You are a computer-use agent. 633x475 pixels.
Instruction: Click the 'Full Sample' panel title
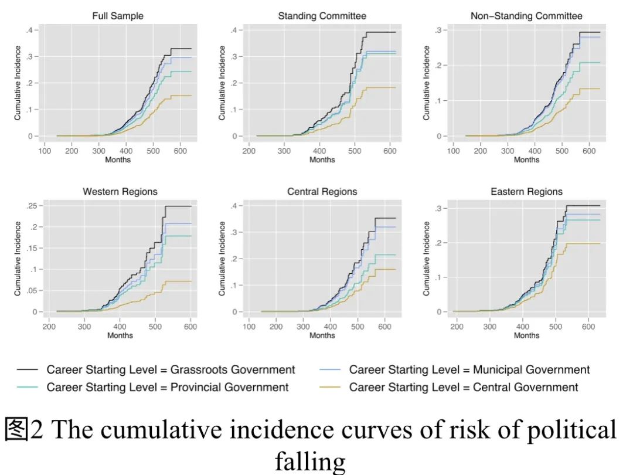[117, 16]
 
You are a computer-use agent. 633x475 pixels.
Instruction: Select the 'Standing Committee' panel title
[322, 16]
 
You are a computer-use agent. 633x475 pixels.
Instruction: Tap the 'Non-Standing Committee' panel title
[526, 16]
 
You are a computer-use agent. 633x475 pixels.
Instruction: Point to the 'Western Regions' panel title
[120, 192]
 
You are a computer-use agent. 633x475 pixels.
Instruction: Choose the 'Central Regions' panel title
[322, 192]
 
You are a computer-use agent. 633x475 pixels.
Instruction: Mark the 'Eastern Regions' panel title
[526, 192]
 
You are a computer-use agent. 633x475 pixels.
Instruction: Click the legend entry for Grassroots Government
[171, 369]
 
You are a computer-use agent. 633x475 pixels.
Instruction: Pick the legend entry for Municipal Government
[469, 369]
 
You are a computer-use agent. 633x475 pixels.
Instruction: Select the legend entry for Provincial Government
[168, 387]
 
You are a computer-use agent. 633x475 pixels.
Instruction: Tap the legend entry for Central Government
[464, 387]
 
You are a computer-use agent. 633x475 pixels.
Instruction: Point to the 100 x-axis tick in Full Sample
[45, 151]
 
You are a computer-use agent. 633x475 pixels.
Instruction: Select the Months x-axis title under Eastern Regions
[526, 335]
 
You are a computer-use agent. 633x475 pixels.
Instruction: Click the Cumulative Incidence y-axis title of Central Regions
[223, 258]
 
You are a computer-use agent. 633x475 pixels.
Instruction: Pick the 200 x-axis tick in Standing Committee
[249, 151]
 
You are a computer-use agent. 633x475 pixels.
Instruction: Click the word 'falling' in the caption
[310, 462]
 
